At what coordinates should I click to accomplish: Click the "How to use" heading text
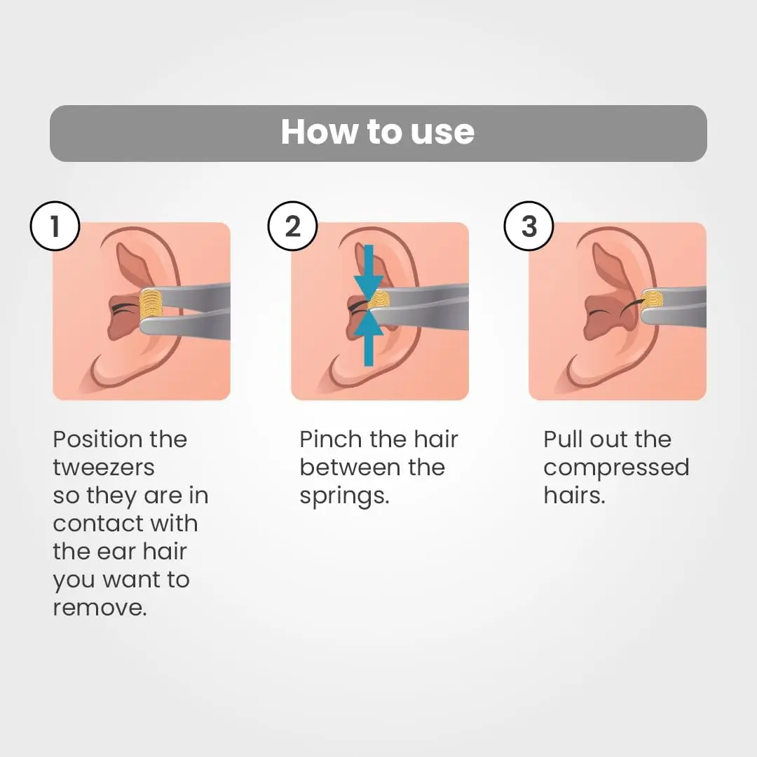pyautogui.click(x=378, y=132)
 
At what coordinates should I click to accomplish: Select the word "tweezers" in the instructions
pyautogui.click(x=104, y=468)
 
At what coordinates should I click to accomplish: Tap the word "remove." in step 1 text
pyautogui.click(x=100, y=608)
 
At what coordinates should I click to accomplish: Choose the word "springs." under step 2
pyautogui.click(x=344, y=496)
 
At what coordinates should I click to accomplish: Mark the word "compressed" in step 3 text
pyautogui.click(x=616, y=468)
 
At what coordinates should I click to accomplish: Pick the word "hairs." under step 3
pyautogui.click(x=574, y=496)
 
